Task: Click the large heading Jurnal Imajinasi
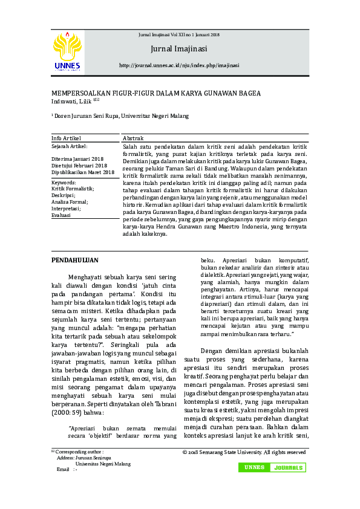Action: (x=179, y=48)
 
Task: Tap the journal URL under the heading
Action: (x=179, y=65)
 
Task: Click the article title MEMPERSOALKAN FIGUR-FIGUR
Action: (x=156, y=93)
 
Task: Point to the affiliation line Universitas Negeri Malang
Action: (x=121, y=115)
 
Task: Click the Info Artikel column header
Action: (x=66, y=138)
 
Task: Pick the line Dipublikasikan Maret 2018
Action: (x=83, y=172)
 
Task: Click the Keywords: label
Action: (x=64, y=182)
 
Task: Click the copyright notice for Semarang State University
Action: (x=244, y=452)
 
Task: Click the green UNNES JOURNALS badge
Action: (x=272, y=468)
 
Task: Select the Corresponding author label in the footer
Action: (x=79, y=452)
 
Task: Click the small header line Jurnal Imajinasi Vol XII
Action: (x=179, y=35)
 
